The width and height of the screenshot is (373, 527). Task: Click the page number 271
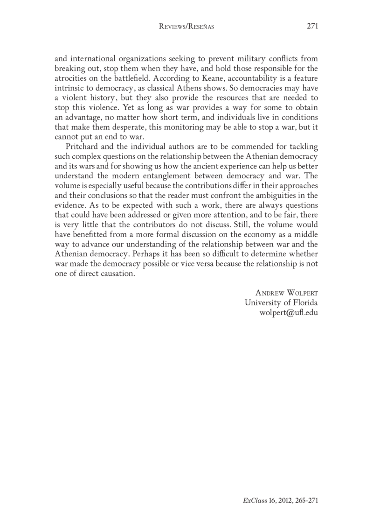[312, 27]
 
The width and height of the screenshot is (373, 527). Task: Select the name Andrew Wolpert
[287, 292]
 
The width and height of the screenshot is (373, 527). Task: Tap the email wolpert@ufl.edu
[288, 313]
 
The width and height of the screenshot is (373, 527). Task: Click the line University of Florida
[281, 302]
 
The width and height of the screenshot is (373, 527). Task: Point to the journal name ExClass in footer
[253, 500]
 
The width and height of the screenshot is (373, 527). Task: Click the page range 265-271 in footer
[304, 500]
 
